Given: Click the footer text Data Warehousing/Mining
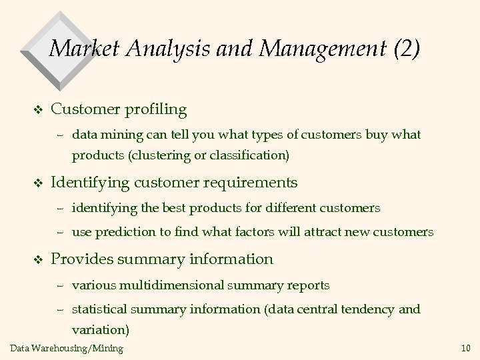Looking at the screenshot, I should click(67, 348).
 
